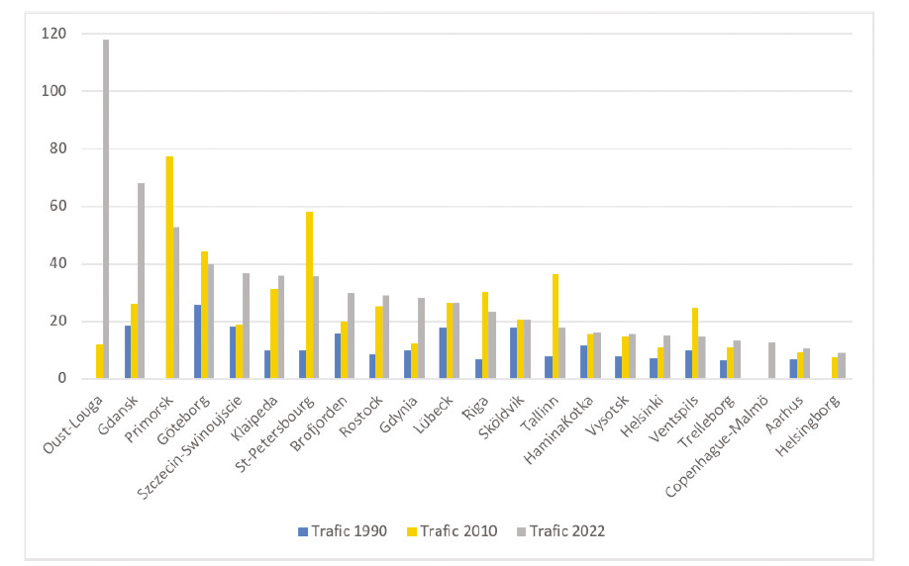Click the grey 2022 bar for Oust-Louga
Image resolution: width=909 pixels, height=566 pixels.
[x=106, y=209]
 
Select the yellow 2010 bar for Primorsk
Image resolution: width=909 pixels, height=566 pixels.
[x=169, y=267]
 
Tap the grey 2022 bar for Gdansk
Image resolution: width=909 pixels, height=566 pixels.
[x=141, y=281]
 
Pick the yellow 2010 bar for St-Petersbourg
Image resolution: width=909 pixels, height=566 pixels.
[x=309, y=296]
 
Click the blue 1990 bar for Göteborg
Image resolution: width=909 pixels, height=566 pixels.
[x=198, y=341]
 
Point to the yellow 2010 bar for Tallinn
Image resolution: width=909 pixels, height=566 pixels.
[x=555, y=327]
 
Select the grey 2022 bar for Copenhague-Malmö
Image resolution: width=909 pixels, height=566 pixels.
[x=771, y=360]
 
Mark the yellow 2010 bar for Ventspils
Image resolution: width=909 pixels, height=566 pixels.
[x=695, y=343]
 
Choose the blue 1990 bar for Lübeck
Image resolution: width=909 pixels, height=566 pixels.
[x=443, y=353]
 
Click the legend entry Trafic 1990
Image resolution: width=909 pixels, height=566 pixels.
[x=342, y=531]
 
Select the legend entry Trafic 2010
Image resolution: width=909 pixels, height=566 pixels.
[x=453, y=531]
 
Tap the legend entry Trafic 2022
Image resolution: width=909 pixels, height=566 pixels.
[x=560, y=531]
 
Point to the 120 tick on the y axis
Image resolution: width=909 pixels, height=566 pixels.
[x=53, y=34]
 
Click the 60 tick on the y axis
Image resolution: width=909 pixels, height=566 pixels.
[x=58, y=206]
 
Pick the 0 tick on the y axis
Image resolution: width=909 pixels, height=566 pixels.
[x=62, y=379]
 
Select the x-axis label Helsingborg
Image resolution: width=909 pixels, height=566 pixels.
[x=808, y=425]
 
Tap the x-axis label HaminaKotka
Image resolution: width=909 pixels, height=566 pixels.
[x=558, y=429]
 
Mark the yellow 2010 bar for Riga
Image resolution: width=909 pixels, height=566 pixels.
[x=485, y=335]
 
